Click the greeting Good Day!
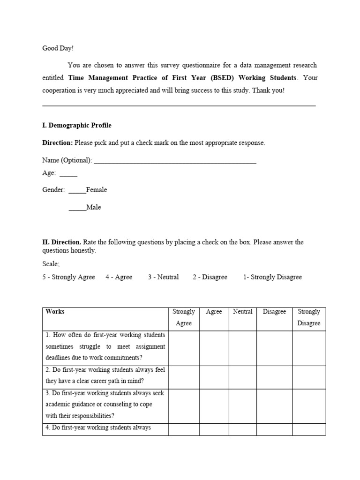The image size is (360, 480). pos(58,48)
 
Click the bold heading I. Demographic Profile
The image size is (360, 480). pos(77,126)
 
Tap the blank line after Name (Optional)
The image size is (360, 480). pos(175,161)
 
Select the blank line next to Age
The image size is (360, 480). pos(68,173)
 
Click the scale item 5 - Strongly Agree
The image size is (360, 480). pos(68,277)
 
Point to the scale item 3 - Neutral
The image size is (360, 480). pos(163,277)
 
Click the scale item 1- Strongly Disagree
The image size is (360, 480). pos(272,277)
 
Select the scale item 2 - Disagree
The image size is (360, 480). pos(210,277)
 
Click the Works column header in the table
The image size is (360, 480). pos(55,312)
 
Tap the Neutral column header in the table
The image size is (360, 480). pos(242,312)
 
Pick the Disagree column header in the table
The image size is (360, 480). pos(274,312)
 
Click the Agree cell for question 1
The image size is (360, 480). pos(214,348)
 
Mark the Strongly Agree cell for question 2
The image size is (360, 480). pos(183,377)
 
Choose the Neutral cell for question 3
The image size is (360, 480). pos(242,406)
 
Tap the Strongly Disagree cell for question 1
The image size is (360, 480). pos(309,348)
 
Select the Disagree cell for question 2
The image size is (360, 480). pos(274,377)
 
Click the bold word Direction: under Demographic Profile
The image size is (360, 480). pos(57,143)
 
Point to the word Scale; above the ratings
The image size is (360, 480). pos(51,264)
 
